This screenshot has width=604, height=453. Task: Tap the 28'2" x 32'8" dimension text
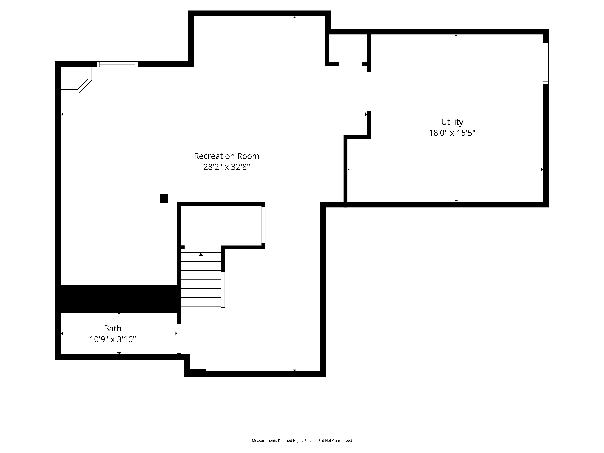pos(227,167)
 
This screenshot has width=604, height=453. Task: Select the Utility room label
pos(452,122)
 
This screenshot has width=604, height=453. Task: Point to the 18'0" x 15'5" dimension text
pos(452,133)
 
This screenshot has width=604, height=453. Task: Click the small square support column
pos(164,199)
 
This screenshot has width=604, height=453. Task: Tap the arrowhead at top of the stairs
pos(201,254)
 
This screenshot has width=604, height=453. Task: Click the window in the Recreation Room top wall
pos(117,64)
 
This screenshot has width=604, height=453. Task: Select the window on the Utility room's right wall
pos(546,64)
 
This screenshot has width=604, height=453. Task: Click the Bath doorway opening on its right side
pos(179,338)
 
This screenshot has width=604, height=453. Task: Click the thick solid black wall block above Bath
pos(118,298)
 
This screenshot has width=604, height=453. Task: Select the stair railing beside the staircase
pos(223,289)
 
